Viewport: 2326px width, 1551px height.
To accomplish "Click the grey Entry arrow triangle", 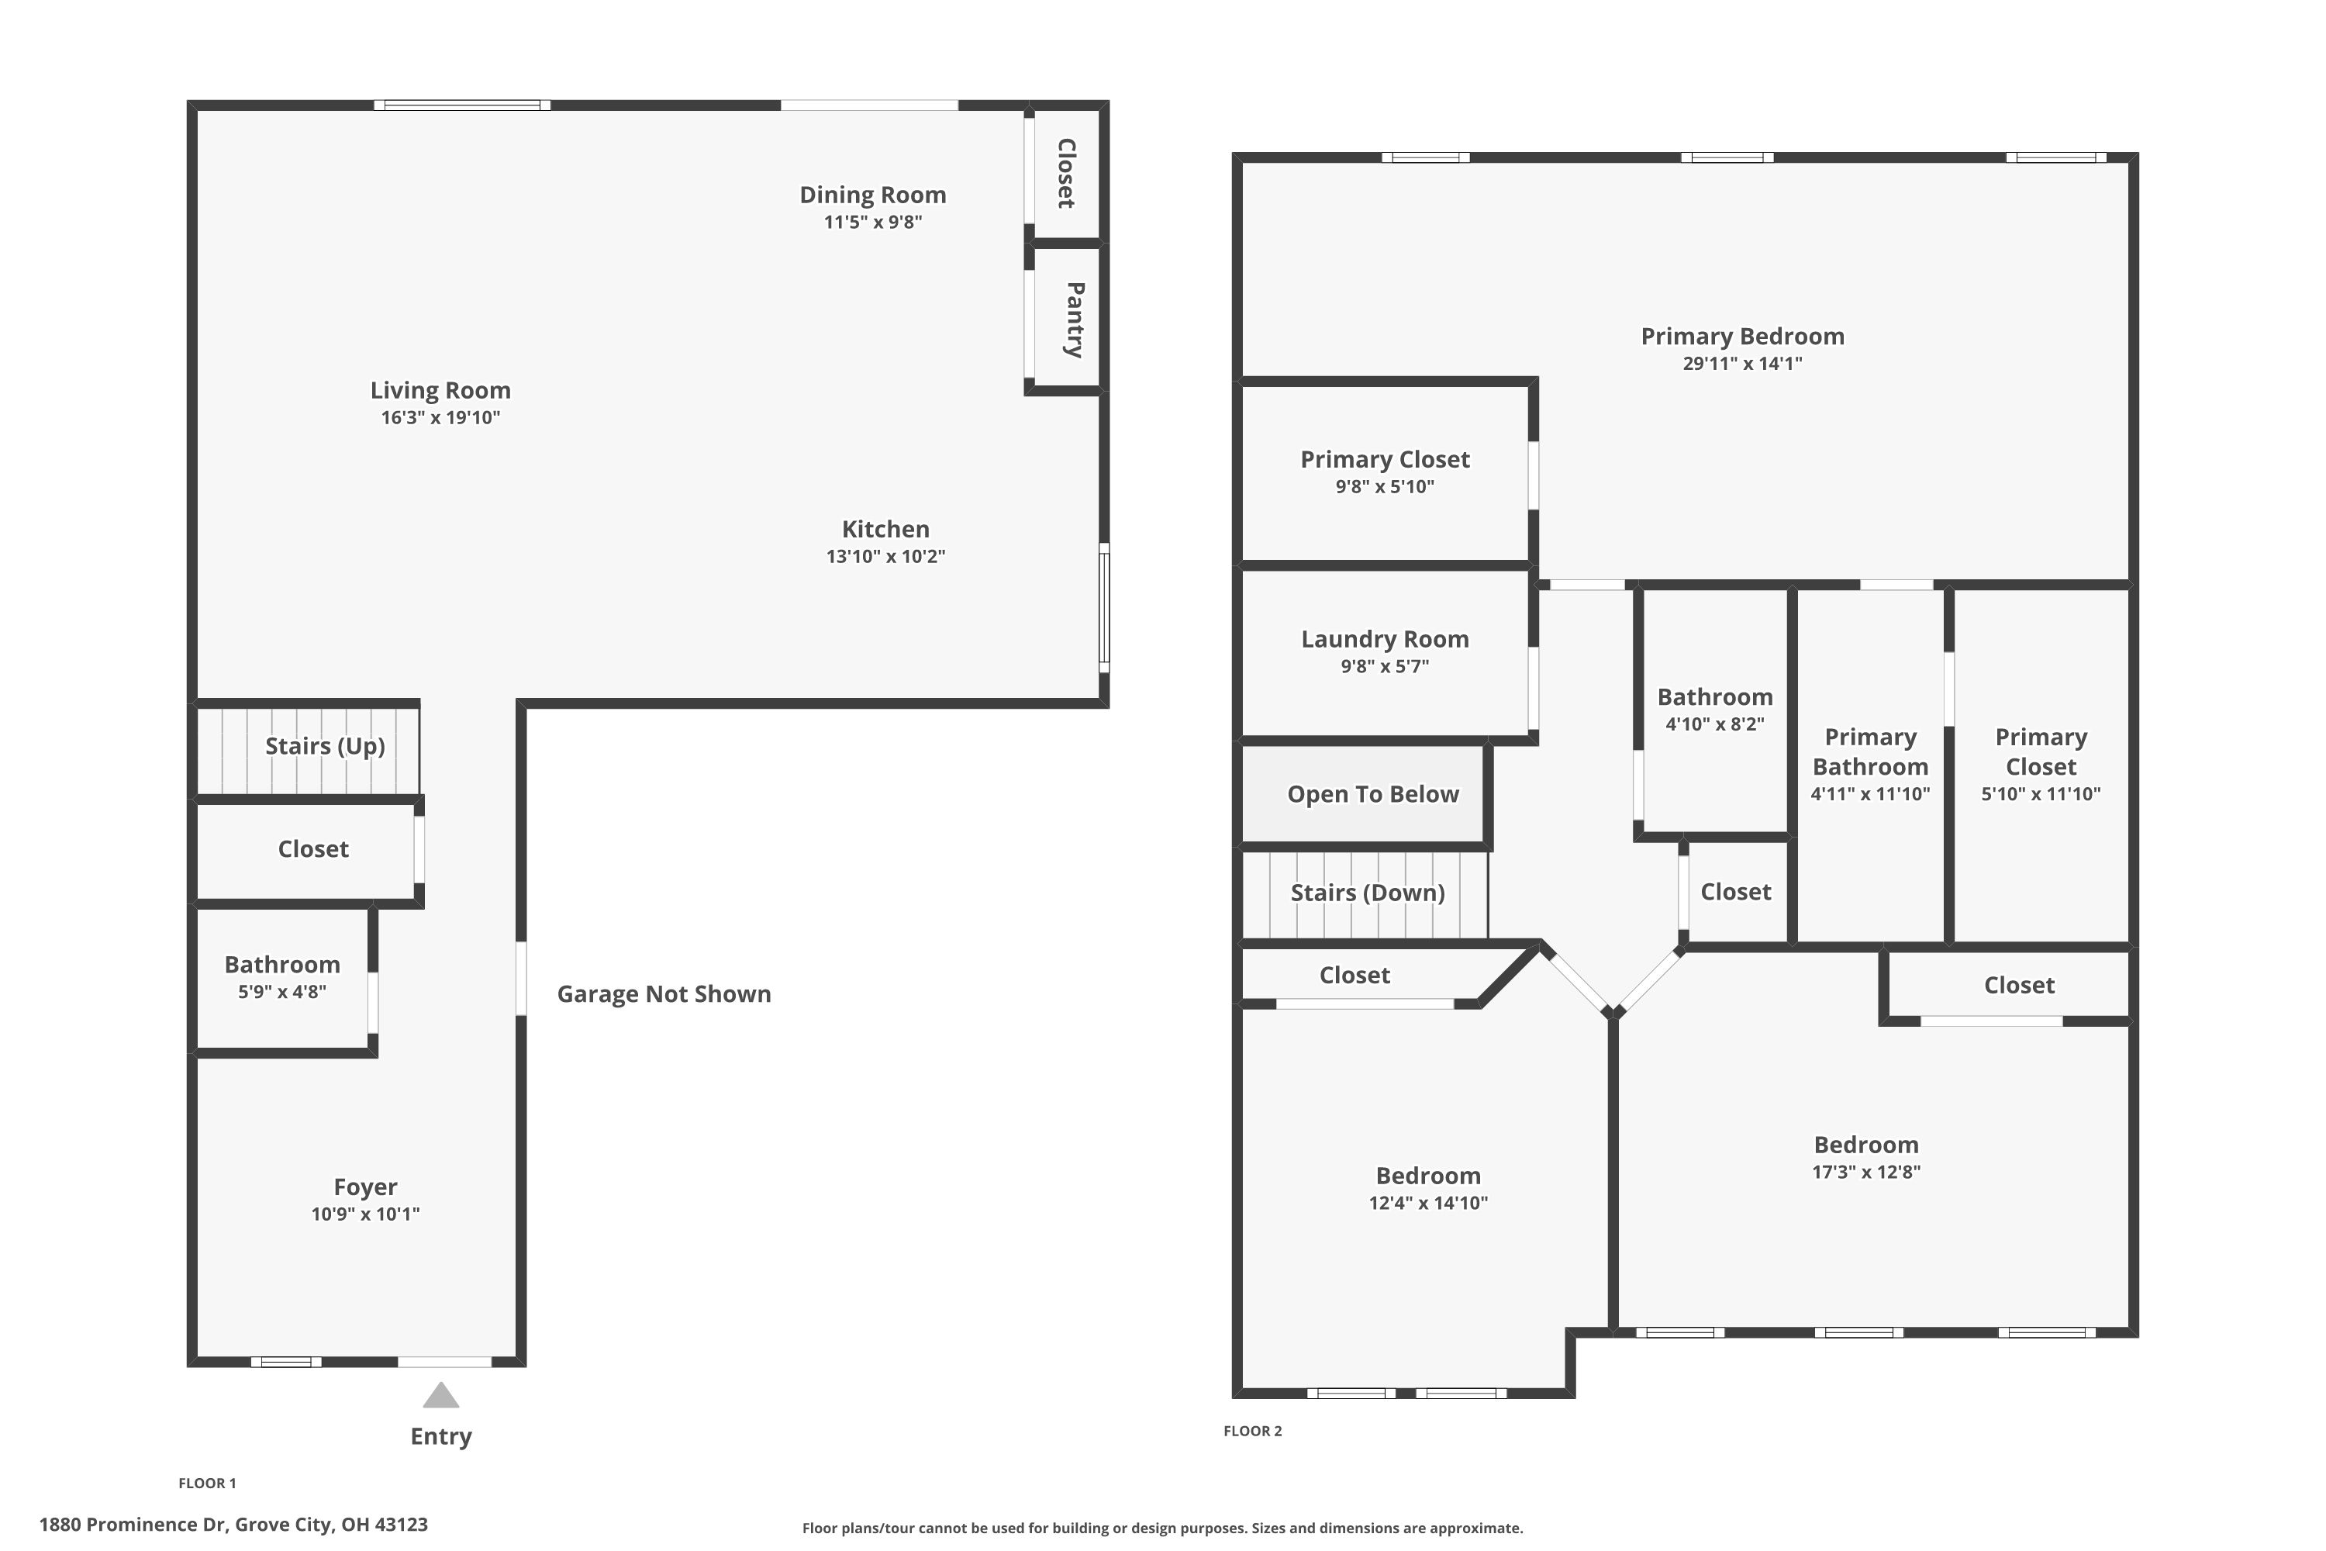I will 440,1397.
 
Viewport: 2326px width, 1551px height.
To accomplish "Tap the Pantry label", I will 1074,320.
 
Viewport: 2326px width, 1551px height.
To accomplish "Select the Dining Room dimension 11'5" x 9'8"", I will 872,222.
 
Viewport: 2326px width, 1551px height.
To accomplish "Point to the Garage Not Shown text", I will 664,994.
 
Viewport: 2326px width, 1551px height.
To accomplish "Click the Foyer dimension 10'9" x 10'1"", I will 365,1214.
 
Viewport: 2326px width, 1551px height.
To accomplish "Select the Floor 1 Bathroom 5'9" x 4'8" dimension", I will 282,991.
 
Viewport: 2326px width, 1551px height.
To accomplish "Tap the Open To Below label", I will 1372,794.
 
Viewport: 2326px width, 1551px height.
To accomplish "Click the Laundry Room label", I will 1385,639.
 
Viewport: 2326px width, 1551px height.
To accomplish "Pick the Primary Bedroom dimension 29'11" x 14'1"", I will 1741,363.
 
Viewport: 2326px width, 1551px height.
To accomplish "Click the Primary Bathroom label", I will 1869,751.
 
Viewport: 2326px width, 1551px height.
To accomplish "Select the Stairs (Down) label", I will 1367,893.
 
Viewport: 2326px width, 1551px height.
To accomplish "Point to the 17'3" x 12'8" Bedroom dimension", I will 1865,1171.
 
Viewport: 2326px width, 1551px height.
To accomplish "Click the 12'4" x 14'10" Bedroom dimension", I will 1427,1203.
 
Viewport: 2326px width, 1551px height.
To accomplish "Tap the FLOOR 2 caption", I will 1252,1430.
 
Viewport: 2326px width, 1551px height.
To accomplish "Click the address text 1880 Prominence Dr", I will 133,1525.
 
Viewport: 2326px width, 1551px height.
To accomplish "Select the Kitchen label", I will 885,529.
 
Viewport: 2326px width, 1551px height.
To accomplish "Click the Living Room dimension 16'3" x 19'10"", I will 440,417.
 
